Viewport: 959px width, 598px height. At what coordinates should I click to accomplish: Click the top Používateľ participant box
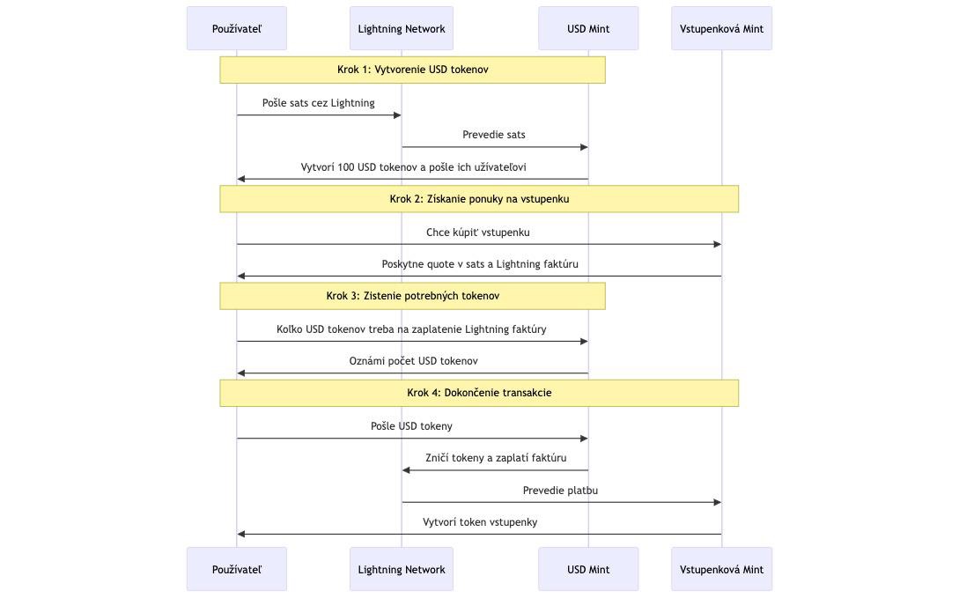point(237,28)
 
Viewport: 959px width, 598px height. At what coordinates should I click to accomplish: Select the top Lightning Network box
point(402,28)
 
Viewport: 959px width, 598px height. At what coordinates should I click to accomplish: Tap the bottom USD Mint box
point(588,569)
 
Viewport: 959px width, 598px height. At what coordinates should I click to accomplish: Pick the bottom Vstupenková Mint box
point(722,569)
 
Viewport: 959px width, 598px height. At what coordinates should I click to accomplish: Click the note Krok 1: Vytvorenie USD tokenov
point(413,70)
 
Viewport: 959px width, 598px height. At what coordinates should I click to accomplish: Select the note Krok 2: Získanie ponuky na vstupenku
point(479,199)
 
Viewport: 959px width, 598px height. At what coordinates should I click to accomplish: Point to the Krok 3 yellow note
point(413,296)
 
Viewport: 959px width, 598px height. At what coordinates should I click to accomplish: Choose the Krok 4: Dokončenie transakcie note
point(479,393)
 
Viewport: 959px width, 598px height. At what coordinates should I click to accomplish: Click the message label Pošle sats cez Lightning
point(319,103)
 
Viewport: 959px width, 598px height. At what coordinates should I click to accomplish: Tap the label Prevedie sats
point(493,135)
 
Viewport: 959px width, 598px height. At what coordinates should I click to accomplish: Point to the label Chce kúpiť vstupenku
point(478,233)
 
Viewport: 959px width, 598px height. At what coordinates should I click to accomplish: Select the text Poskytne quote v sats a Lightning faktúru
point(480,264)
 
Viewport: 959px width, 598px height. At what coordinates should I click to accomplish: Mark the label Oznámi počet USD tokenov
point(413,361)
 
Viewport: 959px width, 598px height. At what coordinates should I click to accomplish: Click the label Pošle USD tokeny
point(411,426)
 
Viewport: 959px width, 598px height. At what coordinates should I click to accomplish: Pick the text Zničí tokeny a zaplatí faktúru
point(496,458)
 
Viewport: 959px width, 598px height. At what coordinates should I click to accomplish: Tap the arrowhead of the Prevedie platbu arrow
point(718,502)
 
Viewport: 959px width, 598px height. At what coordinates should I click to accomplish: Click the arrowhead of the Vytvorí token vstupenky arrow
point(241,534)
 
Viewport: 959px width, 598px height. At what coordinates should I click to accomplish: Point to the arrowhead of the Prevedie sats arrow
point(584,147)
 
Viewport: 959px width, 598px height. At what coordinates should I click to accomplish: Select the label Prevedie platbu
point(560,491)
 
